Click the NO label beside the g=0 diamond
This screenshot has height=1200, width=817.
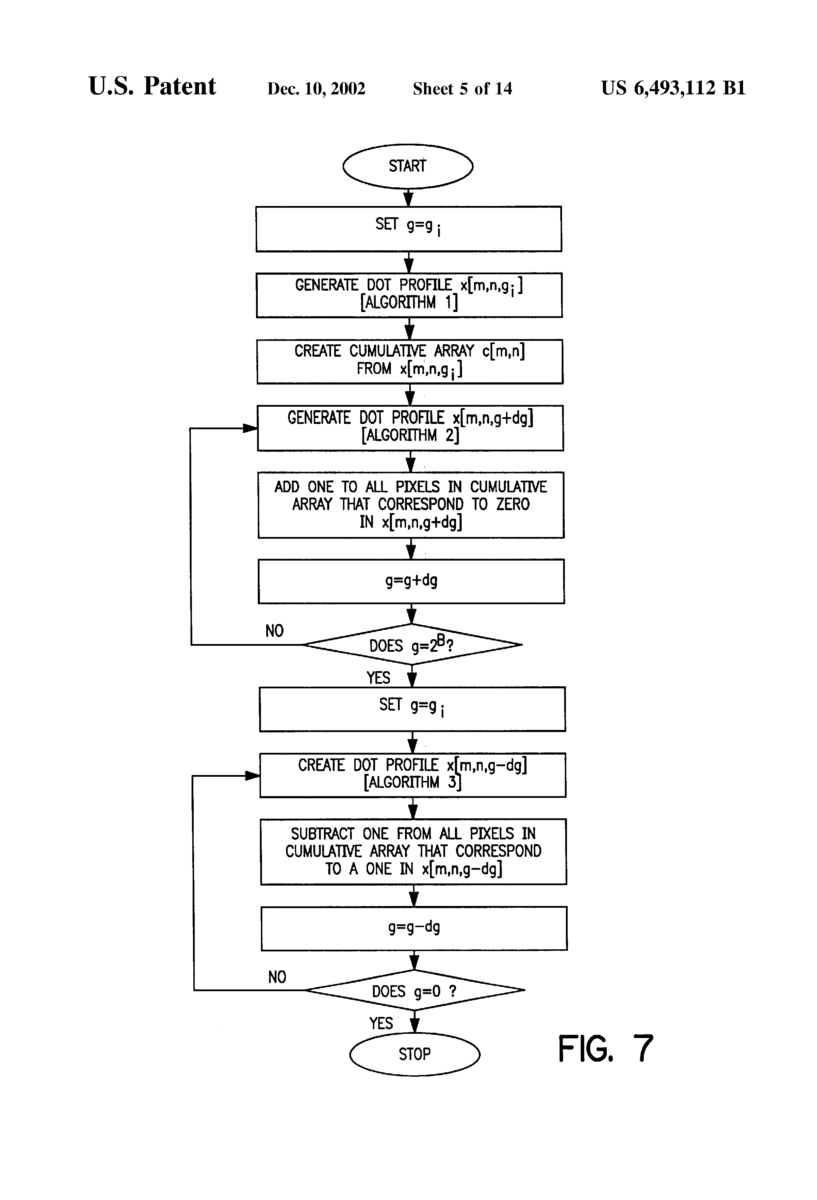pos(277,977)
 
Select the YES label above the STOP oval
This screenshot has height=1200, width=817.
pos(381,1023)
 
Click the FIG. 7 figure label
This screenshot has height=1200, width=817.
pos(605,1049)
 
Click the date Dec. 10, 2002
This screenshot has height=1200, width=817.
pos(316,89)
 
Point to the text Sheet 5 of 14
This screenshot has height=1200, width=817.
pos(462,89)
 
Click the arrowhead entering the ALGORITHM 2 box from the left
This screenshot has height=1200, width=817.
pos(250,428)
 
